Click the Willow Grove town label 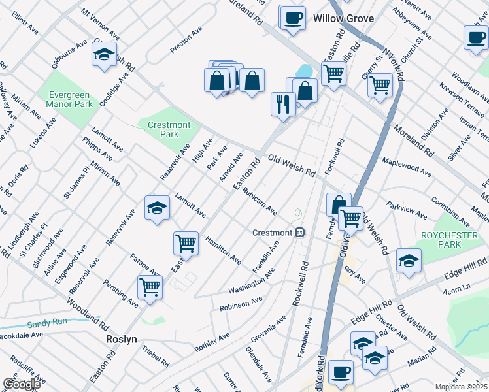point(343,18)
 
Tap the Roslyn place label point(122,340)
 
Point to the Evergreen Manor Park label point(69,99)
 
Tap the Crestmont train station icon point(299,233)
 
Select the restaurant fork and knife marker point(283,104)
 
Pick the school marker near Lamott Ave point(157,208)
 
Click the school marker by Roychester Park point(409,259)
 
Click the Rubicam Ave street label point(260,203)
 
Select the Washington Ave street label point(251,285)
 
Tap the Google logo point(22,384)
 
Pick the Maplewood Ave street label point(407,167)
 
